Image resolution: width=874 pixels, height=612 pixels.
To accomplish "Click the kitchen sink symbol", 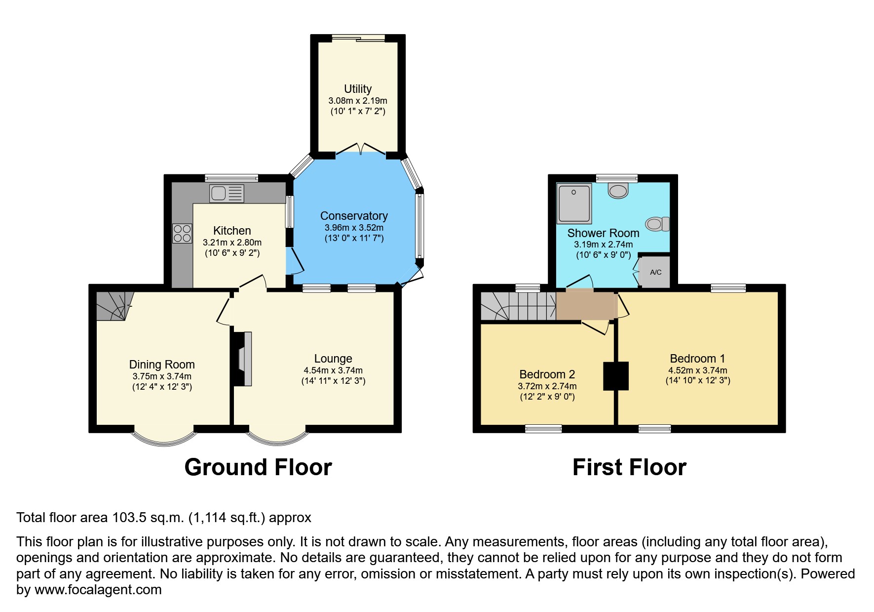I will click(x=227, y=193).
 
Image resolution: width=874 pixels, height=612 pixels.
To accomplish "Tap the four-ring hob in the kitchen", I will click(x=182, y=233).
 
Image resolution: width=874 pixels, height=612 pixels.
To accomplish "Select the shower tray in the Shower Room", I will click(x=574, y=203).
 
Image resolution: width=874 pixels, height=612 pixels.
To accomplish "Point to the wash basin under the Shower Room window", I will click(x=618, y=190).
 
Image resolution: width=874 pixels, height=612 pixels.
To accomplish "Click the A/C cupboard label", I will click(x=655, y=272).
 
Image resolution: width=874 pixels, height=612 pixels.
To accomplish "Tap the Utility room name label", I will click(x=358, y=89).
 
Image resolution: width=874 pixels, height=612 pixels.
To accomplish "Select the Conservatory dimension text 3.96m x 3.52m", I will click(x=354, y=228).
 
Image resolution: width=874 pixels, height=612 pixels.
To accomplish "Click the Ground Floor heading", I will click(x=258, y=467).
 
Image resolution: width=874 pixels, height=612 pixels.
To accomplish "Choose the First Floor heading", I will click(x=629, y=467).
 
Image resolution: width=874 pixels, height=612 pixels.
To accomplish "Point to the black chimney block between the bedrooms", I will click(x=616, y=376).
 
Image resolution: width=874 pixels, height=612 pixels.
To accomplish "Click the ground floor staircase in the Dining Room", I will click(x=114, y=305).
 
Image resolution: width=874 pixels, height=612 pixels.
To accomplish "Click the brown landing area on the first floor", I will click(x=585, y=305).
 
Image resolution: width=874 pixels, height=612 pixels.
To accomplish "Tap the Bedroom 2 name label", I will click(x=547, y=374).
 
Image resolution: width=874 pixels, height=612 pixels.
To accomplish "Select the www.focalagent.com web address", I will click(x=98, y=590).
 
